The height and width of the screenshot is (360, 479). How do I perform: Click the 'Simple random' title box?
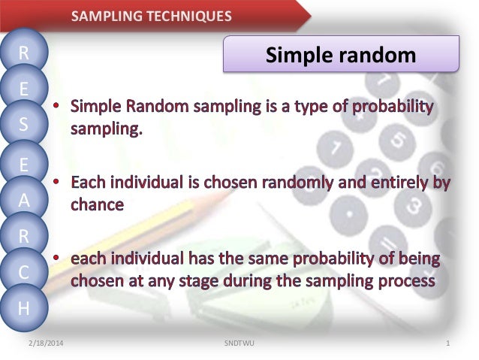pyautogui.click(x=341, y=54)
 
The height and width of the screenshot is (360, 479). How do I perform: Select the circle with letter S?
pyautogui.click(x=24, y=126)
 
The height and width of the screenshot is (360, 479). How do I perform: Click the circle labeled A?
pyautogui.click(x=24, y=200)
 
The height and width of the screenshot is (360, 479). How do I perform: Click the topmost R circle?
pyautogui.click(x=24, y=53)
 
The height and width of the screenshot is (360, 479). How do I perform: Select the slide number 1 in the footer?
pyautogui.click(x=447, y=343)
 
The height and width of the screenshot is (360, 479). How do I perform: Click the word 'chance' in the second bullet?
pyautogui.click(x=97, y=204)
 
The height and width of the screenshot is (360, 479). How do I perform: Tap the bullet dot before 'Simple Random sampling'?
pyautogui.click(x=56, y=106)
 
